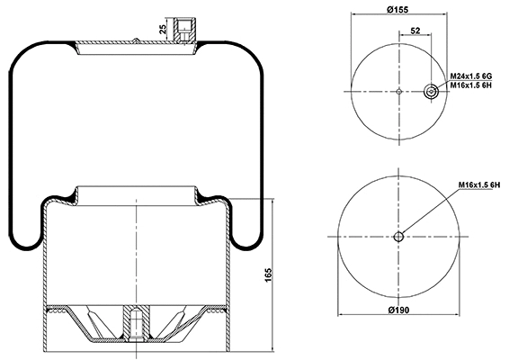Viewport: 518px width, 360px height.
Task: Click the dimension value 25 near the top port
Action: (162, 29)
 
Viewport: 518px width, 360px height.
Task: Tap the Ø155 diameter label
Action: (399, 9)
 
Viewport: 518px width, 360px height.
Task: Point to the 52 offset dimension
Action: (415, 31)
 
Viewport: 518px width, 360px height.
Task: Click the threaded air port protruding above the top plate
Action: (184, 26)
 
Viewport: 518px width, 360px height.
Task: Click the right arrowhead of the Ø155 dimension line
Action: (447, 15)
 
